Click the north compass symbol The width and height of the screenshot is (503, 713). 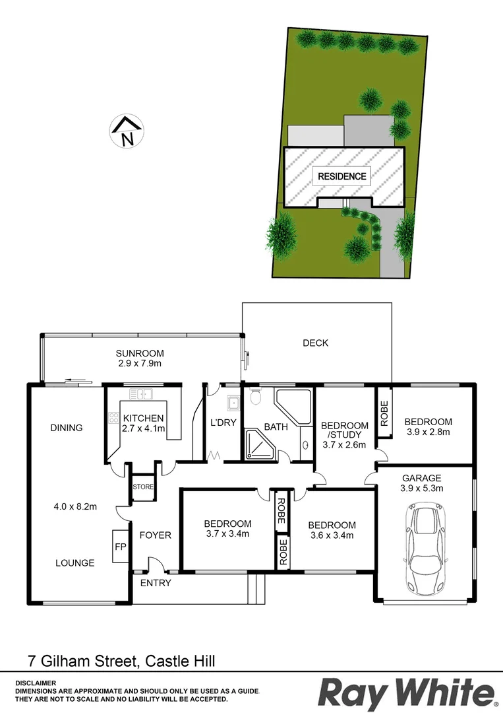pos(127,131)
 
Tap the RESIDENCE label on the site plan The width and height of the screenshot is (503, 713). pos(341,176)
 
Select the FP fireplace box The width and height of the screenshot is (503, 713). pos(120,547)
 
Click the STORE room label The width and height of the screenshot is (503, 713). pos(142,488)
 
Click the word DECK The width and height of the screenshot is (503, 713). pos(315,343)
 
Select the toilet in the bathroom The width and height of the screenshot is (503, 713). pos(256,398)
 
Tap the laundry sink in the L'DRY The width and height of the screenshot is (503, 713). pos(232,402)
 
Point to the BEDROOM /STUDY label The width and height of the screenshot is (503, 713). pos(344,430)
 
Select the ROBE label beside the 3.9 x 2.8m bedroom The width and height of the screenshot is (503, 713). pos(384,413)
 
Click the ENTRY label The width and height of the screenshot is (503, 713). pos(156,583)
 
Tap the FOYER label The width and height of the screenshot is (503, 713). pos(156,535)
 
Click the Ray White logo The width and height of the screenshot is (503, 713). pos(407,693)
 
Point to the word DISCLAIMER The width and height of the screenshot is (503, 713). pos(36,683)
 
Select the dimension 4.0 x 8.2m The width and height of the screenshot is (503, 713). pos(74,507)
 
